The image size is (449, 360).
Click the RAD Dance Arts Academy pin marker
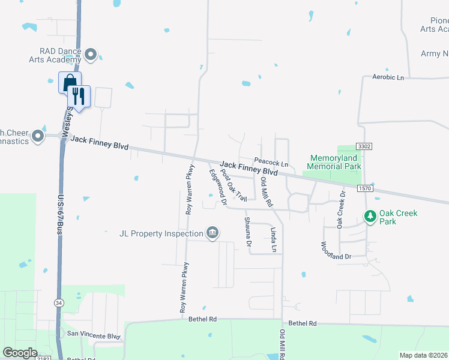[x=91, y=55]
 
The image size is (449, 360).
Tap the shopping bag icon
[x=68, y=82]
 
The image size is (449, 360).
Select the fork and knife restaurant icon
[x=79, y=95]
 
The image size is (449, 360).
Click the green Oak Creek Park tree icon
[x=371, y=215]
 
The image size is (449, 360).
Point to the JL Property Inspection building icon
[x=212, y=233]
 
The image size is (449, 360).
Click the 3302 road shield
[x=363, y=146]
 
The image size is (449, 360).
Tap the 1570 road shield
[x=366, y=188]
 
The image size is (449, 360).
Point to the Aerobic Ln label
[x=388, y=77]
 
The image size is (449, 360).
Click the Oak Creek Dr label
[x=341, y=210]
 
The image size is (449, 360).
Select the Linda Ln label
[x=274, y=239]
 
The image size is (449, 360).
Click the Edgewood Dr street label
[x=217, y=188]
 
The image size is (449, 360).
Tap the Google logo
[x=20, y=352]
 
